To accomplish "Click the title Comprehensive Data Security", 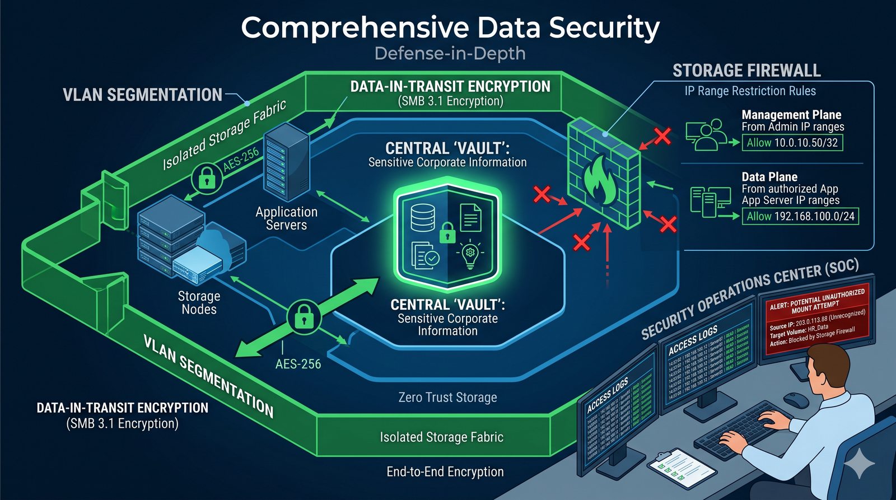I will [450, 27].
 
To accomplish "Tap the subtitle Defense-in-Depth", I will [450, 54].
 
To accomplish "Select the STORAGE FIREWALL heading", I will [746, 71].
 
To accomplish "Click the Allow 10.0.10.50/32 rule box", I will [792, 142].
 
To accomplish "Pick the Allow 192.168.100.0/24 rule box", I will [800, 216].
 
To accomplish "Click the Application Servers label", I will [286, 218].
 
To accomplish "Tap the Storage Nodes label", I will [199, 302].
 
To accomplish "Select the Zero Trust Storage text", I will [447, 398].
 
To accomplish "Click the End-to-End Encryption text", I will [445, 471].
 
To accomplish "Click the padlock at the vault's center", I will [447, 232].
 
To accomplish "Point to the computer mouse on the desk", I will [795, 399].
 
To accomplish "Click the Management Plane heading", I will [791, 115].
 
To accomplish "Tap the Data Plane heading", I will [769, 177].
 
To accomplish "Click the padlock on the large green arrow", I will [304, 316].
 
